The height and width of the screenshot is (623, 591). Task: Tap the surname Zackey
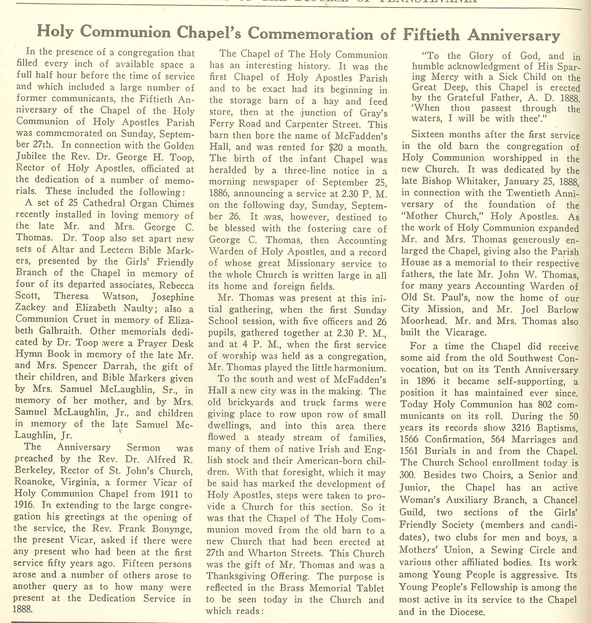(30, 307)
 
